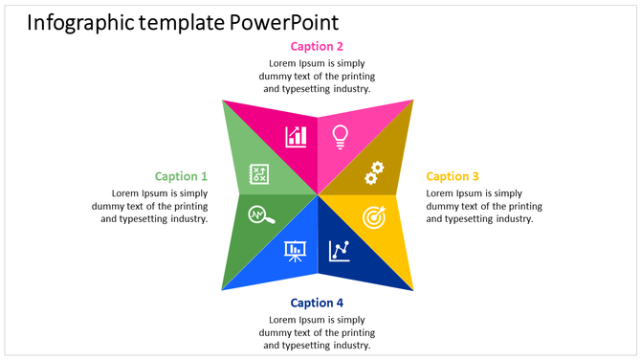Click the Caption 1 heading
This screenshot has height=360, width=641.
(181, 176)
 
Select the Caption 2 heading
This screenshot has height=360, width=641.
(317, 46)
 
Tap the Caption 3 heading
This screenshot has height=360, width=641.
(453, 176)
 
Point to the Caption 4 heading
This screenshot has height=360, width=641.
(317, 304)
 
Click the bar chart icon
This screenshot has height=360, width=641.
(296, 136)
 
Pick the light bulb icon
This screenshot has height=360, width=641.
(339, 137)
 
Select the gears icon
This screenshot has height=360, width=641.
(374, 172)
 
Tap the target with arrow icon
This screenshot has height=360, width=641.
(374, 216)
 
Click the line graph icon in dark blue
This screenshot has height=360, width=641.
(340, 251)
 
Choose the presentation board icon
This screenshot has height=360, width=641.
(295, 251)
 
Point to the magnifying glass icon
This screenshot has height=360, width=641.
(260, 215)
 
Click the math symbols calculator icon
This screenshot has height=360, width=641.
(259, 174)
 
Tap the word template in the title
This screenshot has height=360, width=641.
(183, 22)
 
